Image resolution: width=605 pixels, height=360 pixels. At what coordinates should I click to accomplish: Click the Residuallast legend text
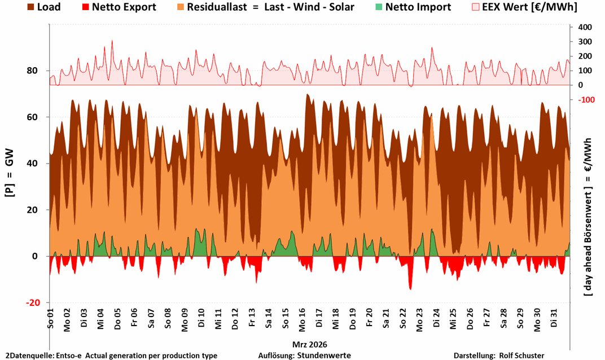[273, 7]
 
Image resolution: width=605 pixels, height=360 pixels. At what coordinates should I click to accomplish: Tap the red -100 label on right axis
[584, 100]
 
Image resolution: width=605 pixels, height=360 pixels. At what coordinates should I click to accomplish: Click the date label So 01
[50, 321]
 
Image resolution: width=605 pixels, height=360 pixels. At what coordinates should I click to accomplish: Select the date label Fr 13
[252, 321]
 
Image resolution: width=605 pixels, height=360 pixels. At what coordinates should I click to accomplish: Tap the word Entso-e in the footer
[68, 355]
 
